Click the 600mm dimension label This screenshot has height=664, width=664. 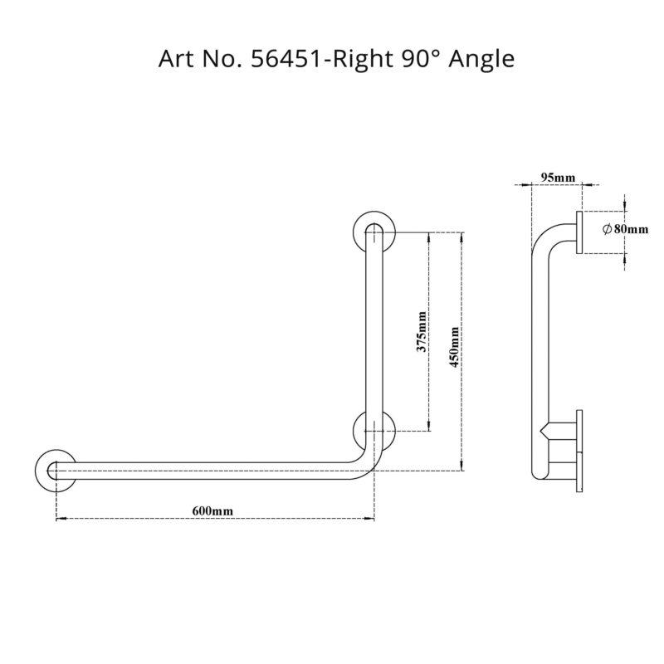tap(212, 510)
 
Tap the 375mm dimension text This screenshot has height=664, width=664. tap(422, 331)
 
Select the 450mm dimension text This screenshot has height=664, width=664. tap(454, 347)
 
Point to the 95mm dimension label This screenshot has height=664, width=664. tap(558, 178)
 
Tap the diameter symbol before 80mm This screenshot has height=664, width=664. tap(607, 229)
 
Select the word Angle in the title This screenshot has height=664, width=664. tap(482, 60)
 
